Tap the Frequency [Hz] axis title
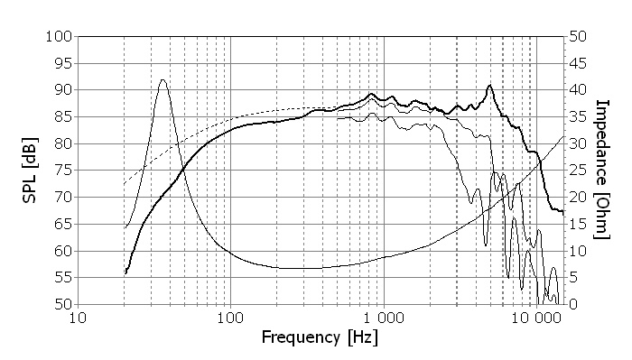(320, 339)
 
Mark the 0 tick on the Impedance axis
(573, 305)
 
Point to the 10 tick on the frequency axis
(78, 318)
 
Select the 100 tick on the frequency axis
(230, 318)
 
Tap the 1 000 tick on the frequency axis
(384, 318)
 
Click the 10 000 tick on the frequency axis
(536, 318)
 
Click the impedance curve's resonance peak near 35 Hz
(163, 79)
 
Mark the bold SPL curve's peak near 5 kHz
(489, 86)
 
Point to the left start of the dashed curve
(124, 184)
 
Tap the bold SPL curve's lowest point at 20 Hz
(125, 272)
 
